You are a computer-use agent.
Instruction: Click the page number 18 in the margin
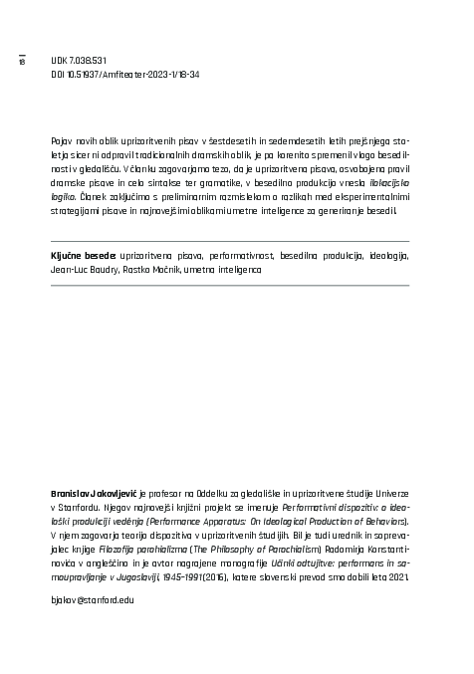[21, 63]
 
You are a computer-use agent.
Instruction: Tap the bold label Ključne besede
[83, 256]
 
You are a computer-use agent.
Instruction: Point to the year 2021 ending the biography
[397, 576]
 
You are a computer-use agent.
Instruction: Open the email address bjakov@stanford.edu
[92, 600]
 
